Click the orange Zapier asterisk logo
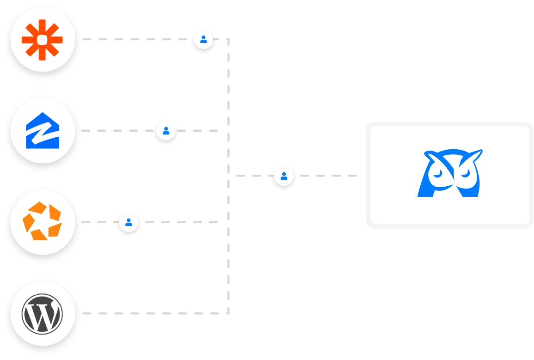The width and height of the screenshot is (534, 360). coord(43,40)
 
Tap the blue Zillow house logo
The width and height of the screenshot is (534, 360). coord(43,131)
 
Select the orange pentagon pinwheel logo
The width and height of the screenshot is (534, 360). coord(43,222)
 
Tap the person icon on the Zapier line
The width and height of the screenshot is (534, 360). coord(203,39)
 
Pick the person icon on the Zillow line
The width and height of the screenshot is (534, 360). coord(166,131)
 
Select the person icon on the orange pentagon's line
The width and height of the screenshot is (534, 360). coord(129,222)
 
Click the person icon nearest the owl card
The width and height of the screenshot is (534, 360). coord(284,176)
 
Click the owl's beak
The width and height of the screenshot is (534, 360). coord(452,184)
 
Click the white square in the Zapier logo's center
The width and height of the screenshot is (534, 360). coord(43,40)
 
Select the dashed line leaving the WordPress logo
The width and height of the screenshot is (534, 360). coord(153,315)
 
